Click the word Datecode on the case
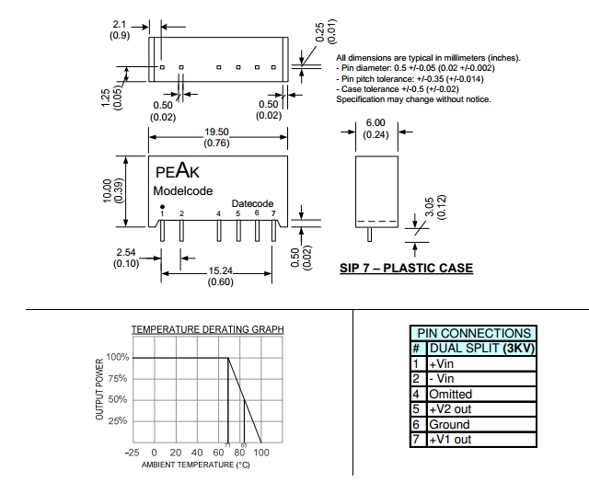point(252,203)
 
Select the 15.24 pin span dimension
point(219,271)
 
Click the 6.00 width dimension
point(375,122)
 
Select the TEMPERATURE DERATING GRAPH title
point(208,329)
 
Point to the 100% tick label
point(117,357)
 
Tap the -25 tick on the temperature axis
point(133,453)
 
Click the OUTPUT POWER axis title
point(100,390)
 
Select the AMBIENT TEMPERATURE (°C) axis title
point(195,465)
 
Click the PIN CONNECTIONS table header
point(474,333)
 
